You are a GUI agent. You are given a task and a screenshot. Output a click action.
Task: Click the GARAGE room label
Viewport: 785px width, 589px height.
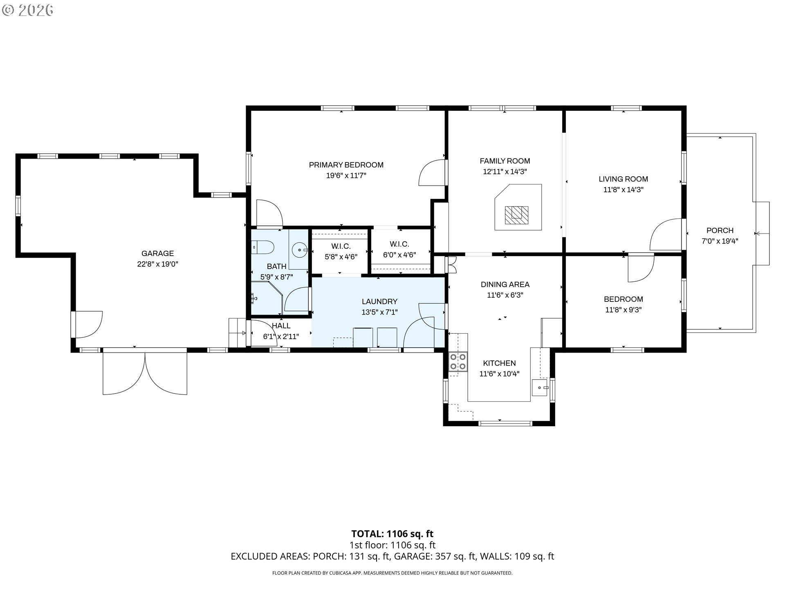click(157, 254)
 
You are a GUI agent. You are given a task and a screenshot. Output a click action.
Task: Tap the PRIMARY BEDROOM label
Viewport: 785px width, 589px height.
click(346, 165)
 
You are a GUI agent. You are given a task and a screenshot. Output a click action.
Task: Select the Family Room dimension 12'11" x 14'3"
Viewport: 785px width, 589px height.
click(505, 172)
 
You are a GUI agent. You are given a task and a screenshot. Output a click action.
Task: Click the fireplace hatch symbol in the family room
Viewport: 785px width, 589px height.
click(516, 215)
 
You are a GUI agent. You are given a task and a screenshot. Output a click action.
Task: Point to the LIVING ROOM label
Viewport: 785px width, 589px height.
click(623, 179)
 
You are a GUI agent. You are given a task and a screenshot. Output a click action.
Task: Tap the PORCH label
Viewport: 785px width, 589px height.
click(720, 230)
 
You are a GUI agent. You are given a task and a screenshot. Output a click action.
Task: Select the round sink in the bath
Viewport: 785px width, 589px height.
click(300, 249)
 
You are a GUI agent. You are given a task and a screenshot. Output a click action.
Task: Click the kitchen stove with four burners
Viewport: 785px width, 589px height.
click(458, 362)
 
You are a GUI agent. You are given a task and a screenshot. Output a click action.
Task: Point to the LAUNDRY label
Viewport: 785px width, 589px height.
click(379, 301)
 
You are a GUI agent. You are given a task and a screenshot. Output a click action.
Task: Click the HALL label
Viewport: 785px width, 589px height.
click(281, 326)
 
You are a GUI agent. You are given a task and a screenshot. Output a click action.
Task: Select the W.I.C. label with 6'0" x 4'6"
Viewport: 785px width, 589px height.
click(399, 244)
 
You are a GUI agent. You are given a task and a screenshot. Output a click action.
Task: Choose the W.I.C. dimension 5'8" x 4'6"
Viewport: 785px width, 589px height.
click(341, 257)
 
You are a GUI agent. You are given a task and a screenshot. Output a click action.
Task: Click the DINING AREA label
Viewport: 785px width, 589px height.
click(505, 284)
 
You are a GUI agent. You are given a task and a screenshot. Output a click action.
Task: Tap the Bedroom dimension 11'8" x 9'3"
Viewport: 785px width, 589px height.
click(623, 310)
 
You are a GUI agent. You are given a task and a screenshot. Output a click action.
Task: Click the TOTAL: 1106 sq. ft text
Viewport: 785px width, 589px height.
click(392, 533)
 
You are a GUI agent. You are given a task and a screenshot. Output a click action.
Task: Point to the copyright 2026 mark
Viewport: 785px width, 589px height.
click(28, 10)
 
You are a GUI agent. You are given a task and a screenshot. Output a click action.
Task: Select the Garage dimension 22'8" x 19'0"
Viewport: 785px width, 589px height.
click(157, 264)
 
